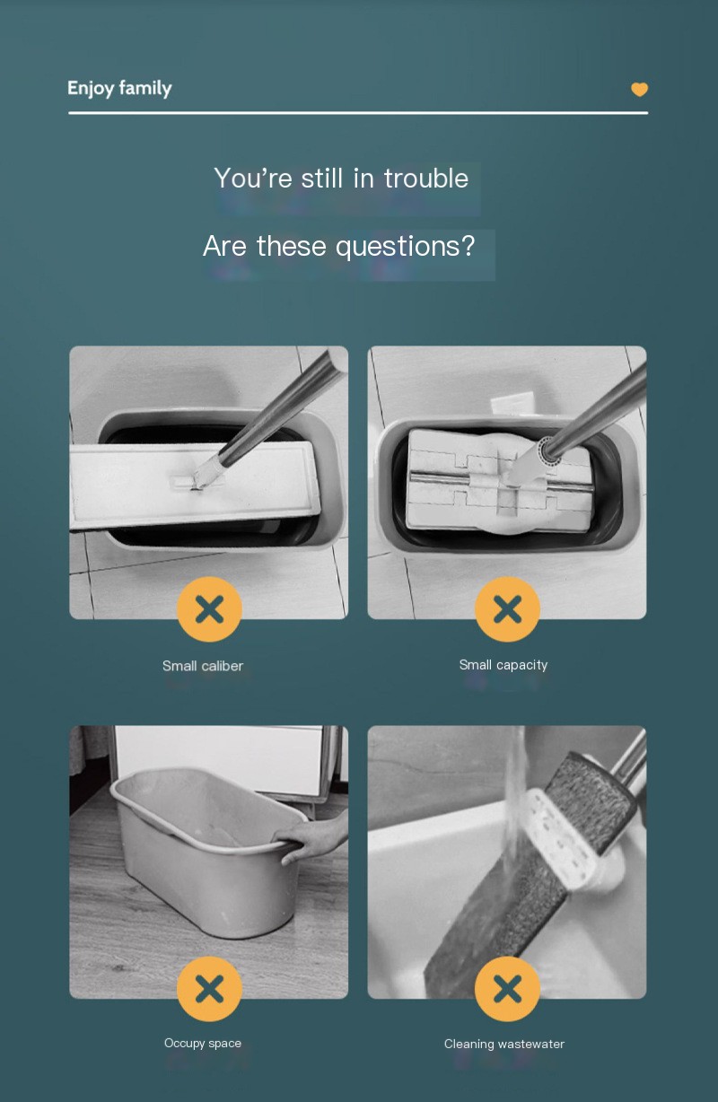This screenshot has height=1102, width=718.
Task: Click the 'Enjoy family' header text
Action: coord(119,88)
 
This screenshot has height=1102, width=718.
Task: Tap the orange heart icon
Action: coord(639,89)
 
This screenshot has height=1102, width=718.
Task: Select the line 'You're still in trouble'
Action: coord(341,178)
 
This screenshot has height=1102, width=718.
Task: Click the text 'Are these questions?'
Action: coord(338,245)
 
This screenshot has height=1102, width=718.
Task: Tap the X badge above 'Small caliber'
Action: coord(209,609)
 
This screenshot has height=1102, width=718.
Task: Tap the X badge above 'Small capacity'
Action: coord(507,609)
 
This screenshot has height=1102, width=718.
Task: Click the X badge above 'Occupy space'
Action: coord(209,989)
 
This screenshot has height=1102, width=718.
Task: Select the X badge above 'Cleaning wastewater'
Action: coord(507,989)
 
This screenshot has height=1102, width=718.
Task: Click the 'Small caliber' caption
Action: coord(203,666)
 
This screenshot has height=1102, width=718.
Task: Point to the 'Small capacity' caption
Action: coord(503,665)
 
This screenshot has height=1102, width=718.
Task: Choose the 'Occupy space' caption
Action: coord(203,1043)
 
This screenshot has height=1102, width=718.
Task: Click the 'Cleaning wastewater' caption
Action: coord(503,1044)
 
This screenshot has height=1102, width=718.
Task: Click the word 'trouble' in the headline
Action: coord(425,178)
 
